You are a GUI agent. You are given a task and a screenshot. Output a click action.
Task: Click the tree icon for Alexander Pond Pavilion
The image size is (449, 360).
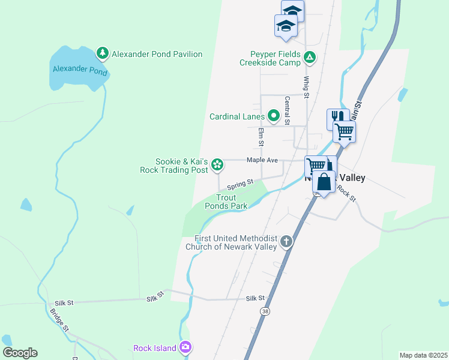tap(103, 54)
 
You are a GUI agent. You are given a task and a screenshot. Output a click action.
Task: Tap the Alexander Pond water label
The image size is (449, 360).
tap(80, 71)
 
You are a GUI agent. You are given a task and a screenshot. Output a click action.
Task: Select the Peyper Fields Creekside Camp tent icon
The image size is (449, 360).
tap(310, 58)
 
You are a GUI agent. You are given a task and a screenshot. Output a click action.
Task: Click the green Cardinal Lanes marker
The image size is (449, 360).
tap(274, 116)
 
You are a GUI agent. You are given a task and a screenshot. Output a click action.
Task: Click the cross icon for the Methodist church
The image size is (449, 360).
tap(286, 242)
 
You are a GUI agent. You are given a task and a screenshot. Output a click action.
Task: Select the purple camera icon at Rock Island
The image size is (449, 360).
tap(185, 347)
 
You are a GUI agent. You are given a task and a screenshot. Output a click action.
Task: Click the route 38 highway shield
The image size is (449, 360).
tap(265, 311)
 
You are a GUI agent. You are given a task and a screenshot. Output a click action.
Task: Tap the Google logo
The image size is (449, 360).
tap(20, 352)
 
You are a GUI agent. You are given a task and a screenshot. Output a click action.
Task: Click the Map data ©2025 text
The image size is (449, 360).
tap(424, 355)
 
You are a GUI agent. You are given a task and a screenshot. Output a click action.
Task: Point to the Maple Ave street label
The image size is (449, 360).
tap(262, 160)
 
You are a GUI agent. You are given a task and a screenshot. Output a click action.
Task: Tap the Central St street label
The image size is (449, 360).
tap(288, 110)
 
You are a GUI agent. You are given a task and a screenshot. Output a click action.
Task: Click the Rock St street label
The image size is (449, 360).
tap(346, 193)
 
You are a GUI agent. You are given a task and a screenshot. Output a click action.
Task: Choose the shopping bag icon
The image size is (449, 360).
tap(324, 181)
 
